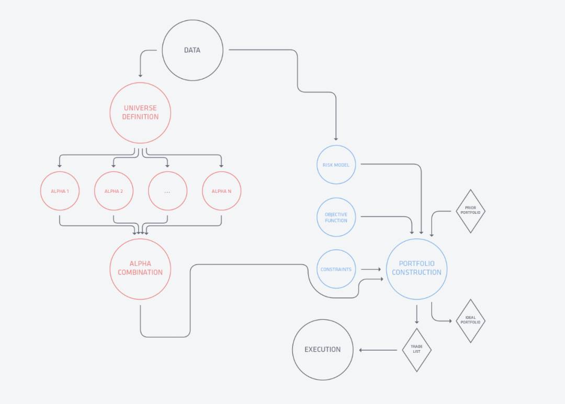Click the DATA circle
coord(193,50)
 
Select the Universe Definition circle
coord(140,113)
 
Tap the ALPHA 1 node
coord(60,191)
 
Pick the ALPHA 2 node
coord(114,191)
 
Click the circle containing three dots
coord(167,191)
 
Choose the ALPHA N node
coord(222,191)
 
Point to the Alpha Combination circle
coord(140,269)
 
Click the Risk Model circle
coord(336,165)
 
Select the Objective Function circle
coord(336,217)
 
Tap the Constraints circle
coord(336,269)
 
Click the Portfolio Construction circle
coord(416,269)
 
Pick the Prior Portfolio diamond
coord(471,211)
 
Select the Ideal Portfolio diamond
coord(471,321)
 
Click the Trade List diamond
coord(417,350)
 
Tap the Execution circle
coord(322,350)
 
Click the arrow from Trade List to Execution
coord(378,350)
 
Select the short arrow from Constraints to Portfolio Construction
coord(371,269)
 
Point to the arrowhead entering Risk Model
coord(336,138)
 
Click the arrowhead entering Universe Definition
coord(140,75)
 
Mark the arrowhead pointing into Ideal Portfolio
coord(450,321)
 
